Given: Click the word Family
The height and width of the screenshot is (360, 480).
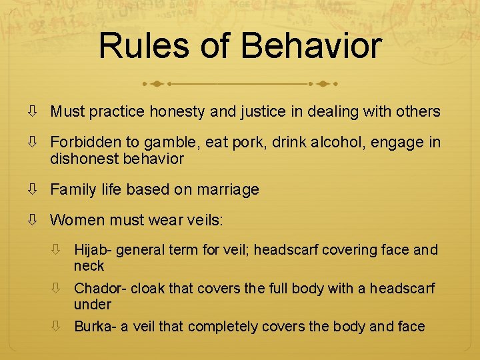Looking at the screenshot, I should click(x=71, y=190).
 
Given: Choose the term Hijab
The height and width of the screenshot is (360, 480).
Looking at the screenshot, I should click(x=93, y=250).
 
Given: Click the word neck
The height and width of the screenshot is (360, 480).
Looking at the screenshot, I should click(x=89, y=266).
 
